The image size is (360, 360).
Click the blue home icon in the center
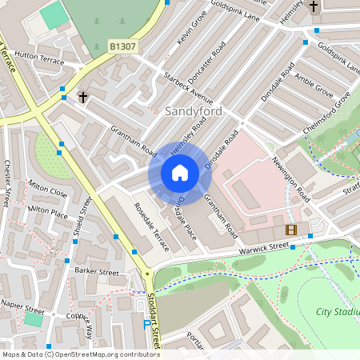[x=180, y=172]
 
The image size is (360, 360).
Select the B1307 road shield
[x=122, y=47]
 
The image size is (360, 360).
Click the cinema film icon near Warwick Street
[x=290, y=230]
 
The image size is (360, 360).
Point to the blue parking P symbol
[x=145, y=325]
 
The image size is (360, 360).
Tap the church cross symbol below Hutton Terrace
[x=82, y=97]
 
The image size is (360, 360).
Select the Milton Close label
[x=48, y=192]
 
